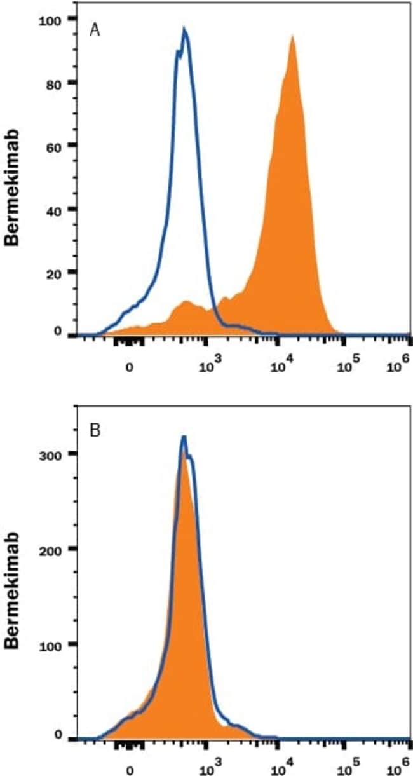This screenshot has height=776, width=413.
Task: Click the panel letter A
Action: pos(95,31)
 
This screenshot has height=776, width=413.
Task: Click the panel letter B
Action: pos(95,432)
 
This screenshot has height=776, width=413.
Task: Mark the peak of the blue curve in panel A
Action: pos(184,29)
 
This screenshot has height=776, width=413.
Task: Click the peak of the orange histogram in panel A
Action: pos(292,36)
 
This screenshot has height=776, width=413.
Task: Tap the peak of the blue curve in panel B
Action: pos(184,437)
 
